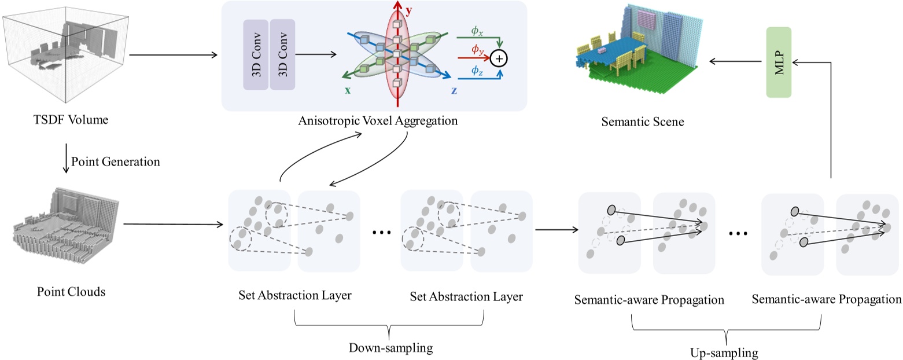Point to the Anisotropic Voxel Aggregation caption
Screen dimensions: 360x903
378,122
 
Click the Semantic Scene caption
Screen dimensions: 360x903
642,122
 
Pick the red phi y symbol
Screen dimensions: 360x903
477,51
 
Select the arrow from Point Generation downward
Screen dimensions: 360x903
66,163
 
